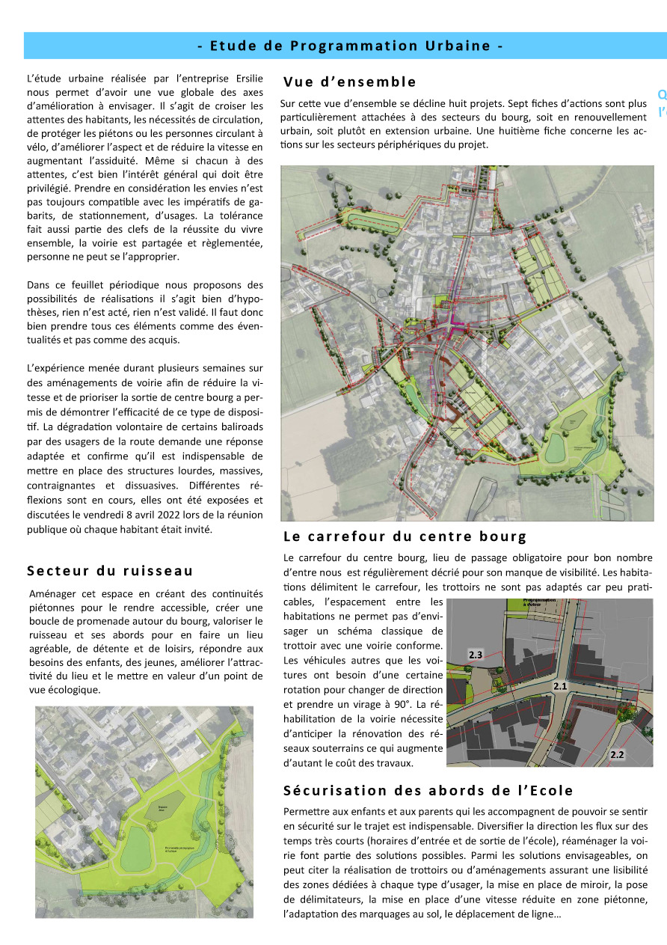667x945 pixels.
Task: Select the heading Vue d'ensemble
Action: point(349,82)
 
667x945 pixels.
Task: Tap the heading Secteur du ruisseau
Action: point(110,571)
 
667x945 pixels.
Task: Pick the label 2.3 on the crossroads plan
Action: point(476,655)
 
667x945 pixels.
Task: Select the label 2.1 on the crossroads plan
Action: point(560,685)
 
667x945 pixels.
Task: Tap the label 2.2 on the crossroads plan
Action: point(617,755)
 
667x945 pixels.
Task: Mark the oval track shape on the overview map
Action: point(374,218)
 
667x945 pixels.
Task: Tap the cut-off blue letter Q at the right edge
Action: point(662,95)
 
